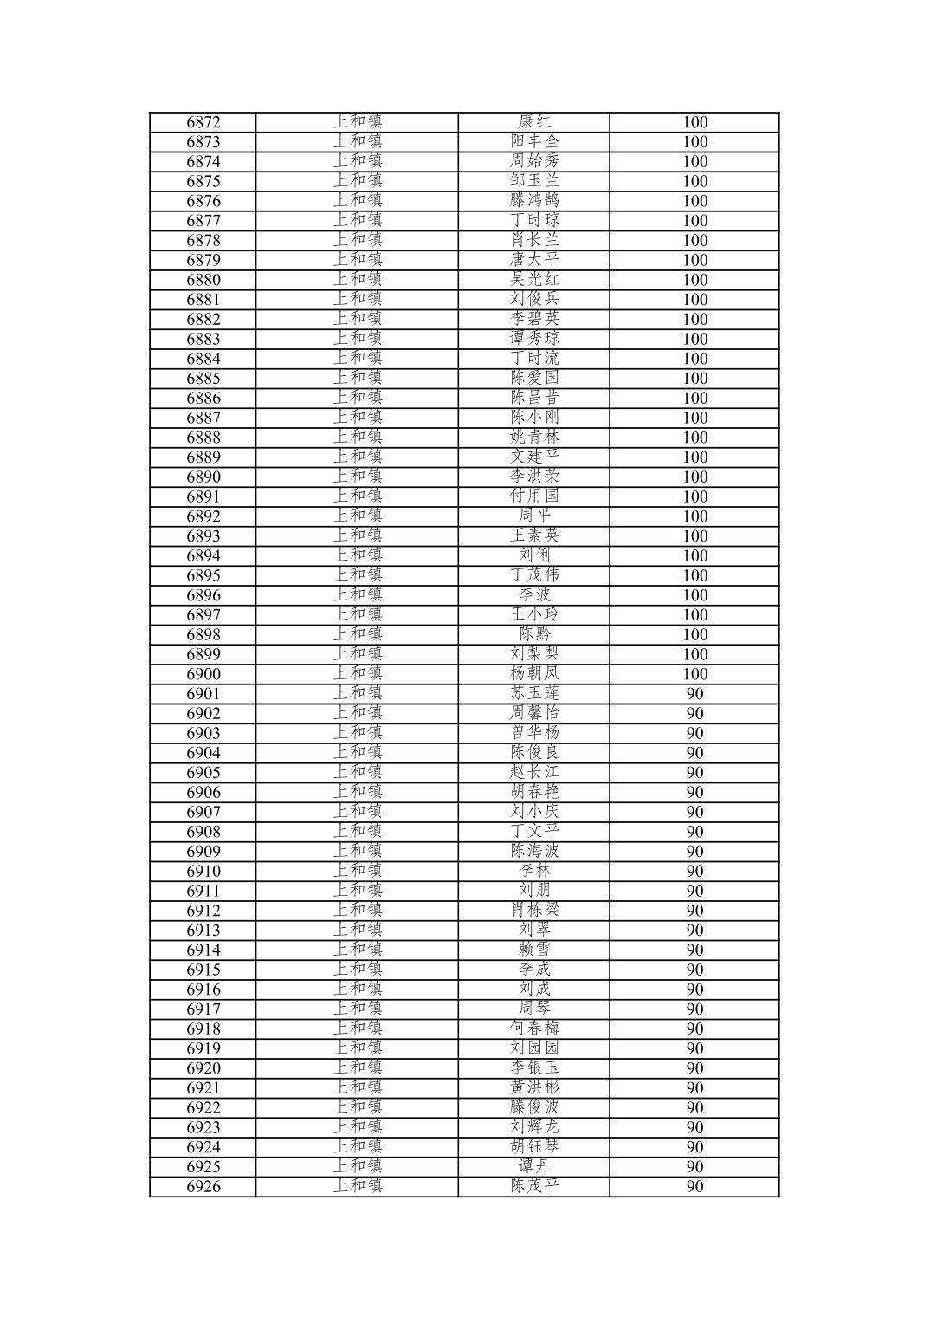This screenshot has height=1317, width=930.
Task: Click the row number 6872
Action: click(x=203, y=122)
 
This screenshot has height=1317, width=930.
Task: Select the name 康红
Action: click(x=534, y=122)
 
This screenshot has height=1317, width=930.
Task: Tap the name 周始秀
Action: click(x=534, y=161)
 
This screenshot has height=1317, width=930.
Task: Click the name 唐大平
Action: click(x=534, y=260)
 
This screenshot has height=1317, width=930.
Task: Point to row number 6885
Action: click(x=203, y=379)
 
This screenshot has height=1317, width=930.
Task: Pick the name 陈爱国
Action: click(x=534, y=378)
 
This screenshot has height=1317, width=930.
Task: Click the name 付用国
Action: click(x=534, y=496)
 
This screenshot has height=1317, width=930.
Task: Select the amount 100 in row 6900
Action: click(x=694, y=674)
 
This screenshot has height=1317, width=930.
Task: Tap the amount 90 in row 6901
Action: click(x=694, y=694)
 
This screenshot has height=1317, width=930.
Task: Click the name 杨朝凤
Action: click(x=534, y=673)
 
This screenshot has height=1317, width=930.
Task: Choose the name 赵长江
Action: click(x=534, y=772)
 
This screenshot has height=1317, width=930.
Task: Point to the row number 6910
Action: click(x=203, y=872)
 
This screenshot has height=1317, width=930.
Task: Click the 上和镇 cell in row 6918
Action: click(x=358, y=1028)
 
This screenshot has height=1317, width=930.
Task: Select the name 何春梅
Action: click(x=534, y=1028)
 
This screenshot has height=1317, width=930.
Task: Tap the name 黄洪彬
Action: click(x=534, y=1087)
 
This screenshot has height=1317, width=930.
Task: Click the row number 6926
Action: click(x=203, y=1187)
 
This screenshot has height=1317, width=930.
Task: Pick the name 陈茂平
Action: click(x=534, y=1186)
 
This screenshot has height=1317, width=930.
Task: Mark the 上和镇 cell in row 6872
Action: click(x=358, y=122)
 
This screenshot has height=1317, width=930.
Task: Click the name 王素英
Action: click(x=534, y=535)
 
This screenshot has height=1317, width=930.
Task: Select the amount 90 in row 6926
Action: click(x=694, y=1187)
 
